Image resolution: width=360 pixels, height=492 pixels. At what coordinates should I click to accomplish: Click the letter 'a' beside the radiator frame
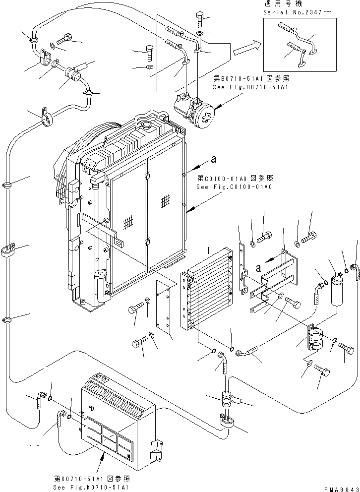click(x=214, y=159)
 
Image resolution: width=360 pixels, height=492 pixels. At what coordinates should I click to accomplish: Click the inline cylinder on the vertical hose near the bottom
click(x=227, y=399)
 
